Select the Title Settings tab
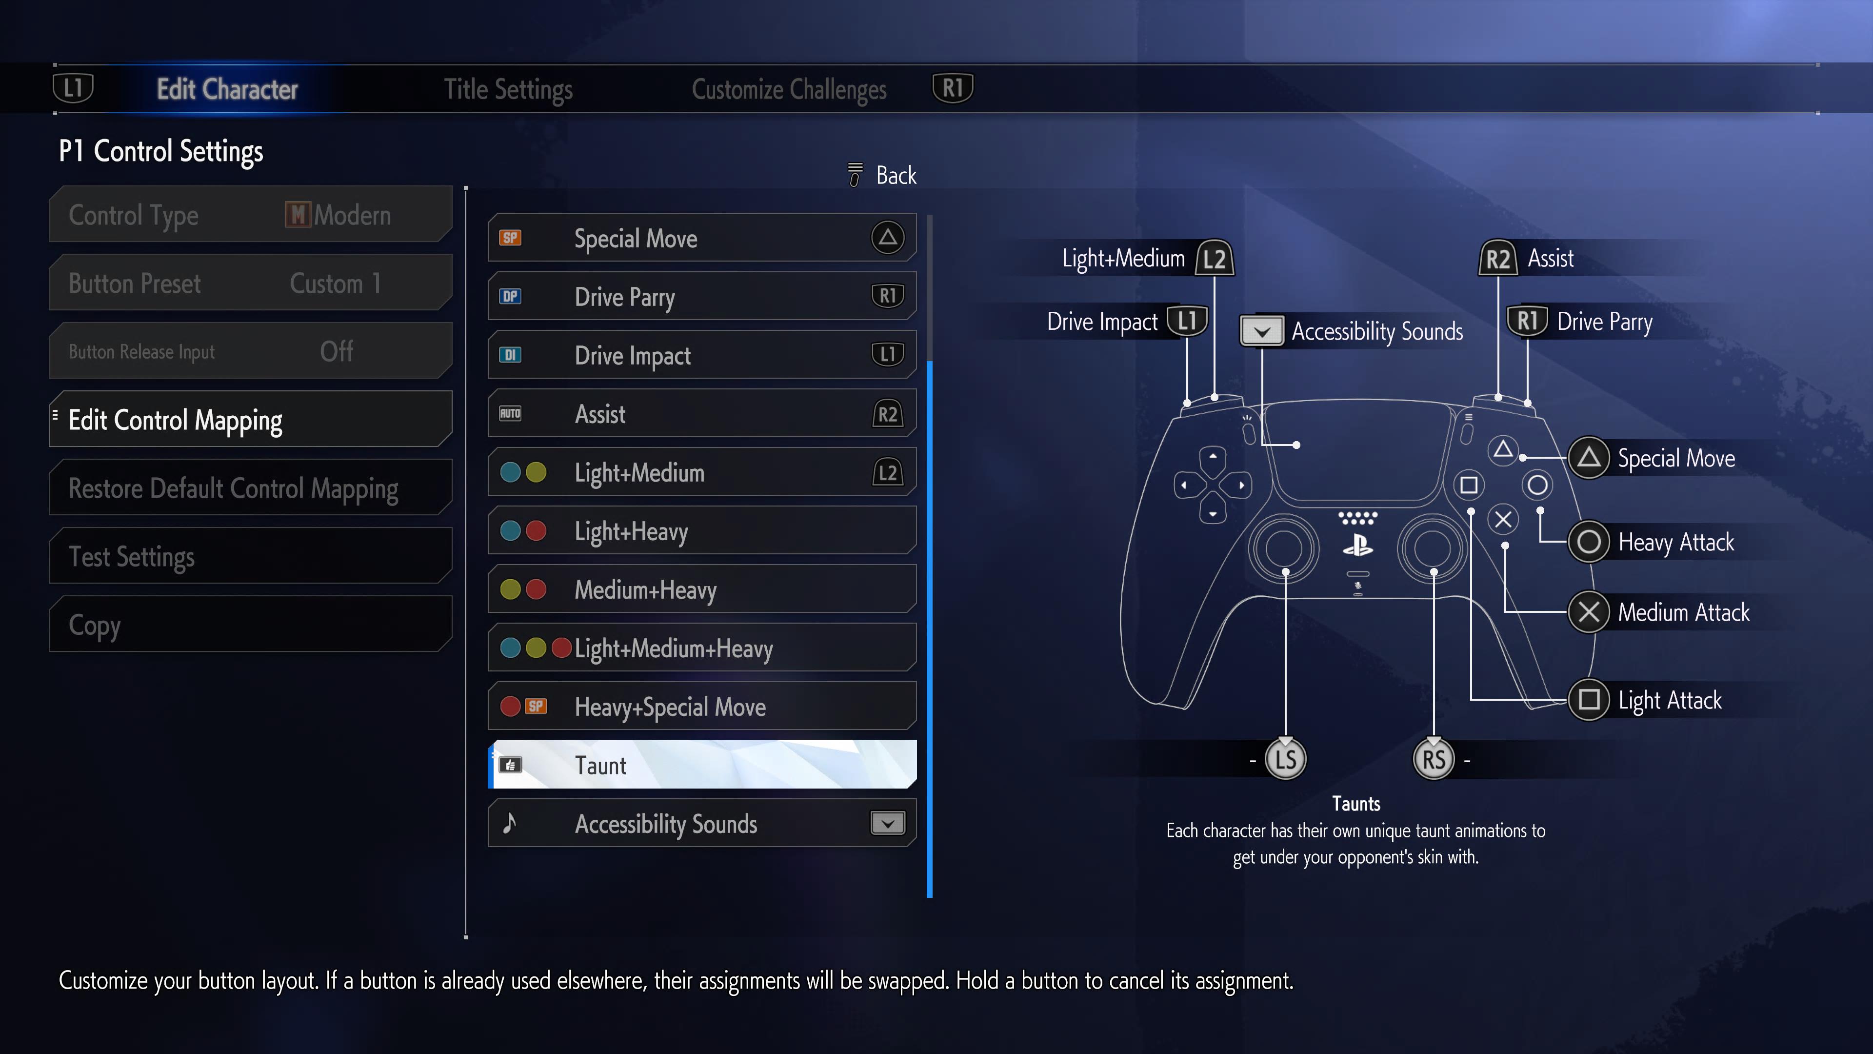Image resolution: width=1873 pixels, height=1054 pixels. (508, 89)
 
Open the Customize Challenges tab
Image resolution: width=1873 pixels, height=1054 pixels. (788, 89)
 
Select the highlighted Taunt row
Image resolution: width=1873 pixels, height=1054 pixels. (702, 765)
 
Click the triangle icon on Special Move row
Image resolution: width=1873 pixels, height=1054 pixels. (887, 238)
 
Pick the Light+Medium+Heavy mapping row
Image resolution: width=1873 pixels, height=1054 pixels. (702, 648)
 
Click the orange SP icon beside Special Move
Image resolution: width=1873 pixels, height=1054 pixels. (510, 238)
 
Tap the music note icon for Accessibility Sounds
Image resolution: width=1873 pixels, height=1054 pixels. (510, 823)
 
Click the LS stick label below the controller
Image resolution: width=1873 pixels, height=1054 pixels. (1286, 759)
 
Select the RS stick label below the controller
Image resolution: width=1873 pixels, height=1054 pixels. (1433, 759)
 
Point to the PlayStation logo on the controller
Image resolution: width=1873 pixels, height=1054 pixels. (1357, 545)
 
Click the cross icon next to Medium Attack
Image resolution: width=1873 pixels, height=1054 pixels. (1589, 612)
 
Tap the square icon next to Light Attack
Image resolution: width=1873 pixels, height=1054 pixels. (1589, 700)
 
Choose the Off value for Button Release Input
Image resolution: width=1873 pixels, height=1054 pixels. (337, 351)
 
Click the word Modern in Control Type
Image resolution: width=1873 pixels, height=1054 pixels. (353, 215)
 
